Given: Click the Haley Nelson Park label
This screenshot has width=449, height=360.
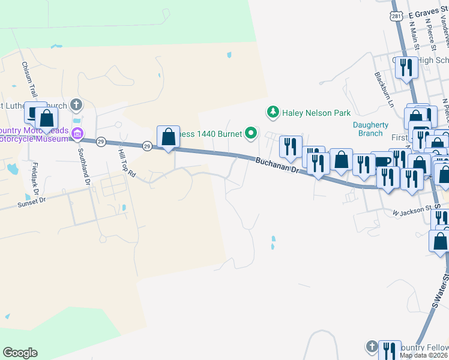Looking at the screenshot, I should (x=316, y=112).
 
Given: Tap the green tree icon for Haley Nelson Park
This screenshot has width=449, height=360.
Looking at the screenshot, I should (x=273, y=112).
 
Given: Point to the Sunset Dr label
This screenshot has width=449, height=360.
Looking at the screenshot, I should (x=31, y=202).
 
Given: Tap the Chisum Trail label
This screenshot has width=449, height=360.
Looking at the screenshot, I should (x=29, y=80).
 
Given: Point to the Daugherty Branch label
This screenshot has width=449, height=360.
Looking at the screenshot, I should (x=371, y=129).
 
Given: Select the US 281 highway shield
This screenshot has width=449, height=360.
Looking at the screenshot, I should (x=395, y=14).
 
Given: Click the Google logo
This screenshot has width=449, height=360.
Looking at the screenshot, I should (x=20, y=353).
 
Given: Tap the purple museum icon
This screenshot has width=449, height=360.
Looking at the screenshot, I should (x=77, y=133).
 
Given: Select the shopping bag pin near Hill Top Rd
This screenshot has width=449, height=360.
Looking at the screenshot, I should (x=168, y=136).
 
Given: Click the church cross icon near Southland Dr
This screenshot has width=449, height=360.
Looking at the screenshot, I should (x=76, y=105).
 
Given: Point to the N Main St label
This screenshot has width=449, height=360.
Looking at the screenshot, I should (x=414, y=35).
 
